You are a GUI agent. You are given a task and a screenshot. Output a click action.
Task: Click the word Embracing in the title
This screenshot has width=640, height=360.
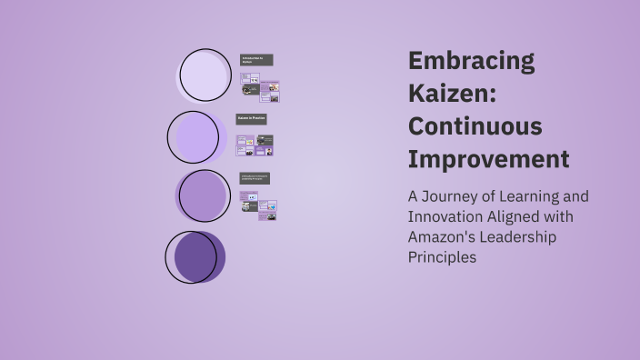(471, 62)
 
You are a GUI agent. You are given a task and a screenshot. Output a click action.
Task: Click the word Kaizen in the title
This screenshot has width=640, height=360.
(452, 95)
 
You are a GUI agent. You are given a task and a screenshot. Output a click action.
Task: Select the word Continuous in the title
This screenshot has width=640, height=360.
(475, 126)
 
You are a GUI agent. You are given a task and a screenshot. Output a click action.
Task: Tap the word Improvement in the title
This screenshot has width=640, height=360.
(488, 159)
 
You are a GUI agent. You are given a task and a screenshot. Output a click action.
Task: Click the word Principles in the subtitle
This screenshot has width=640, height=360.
(442, 257)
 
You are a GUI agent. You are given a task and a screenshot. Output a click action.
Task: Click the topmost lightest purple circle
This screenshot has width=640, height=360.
(205, 75)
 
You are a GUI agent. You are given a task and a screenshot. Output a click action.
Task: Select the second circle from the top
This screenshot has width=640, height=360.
(195, 137)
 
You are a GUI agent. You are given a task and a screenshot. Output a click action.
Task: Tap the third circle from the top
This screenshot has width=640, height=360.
(203, 195)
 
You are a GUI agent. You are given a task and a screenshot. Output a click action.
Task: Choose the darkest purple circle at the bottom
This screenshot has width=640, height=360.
(194, 256)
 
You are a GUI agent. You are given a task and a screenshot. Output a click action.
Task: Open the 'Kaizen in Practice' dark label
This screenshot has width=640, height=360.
(252, 119)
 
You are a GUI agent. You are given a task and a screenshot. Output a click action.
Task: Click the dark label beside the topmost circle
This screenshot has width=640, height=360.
(256, 60)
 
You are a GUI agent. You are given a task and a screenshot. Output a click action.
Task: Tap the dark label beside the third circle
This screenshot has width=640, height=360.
(255, 178)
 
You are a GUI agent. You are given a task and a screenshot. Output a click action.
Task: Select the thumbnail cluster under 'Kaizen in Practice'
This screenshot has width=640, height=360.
(255, 145)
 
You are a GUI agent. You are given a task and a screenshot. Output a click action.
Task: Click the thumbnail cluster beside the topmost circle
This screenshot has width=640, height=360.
(260, 88)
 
